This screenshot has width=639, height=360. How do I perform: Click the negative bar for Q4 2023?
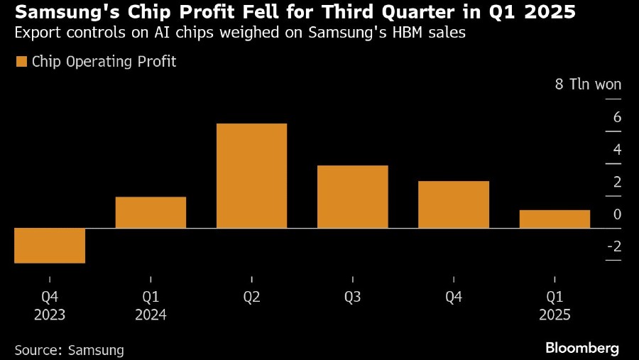[x=50, y=246]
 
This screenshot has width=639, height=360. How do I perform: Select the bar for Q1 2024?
[x=151, y=212]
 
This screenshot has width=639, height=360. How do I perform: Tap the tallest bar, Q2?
[x=251, y=175]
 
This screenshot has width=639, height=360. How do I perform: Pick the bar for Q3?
[x=352, y=197]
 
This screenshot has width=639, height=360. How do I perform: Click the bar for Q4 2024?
[x=453, y=204]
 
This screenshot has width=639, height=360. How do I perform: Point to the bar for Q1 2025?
[x=555, y=219]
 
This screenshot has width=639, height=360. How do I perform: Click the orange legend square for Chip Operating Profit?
[x=21, y=62]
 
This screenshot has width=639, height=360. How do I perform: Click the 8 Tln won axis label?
[x=588, y=84]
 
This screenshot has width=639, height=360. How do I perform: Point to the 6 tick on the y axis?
[x=617, y=117]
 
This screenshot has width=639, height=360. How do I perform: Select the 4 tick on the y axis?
[x=617, y=149]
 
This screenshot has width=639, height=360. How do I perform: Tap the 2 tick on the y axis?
[x=617, y=182]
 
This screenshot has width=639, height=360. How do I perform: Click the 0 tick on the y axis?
[x=617, y=214]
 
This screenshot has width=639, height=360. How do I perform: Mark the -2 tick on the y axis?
[x=613, y=246]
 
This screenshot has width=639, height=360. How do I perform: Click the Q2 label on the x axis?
[x=251, y=297]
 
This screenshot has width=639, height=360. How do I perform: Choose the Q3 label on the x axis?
[x=352, y=297]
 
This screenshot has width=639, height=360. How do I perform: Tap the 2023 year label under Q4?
[x=49, y=315]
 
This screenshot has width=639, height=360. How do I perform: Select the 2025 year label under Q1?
[x=555, y=315]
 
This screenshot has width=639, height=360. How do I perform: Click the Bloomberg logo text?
[x=582, y=348]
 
